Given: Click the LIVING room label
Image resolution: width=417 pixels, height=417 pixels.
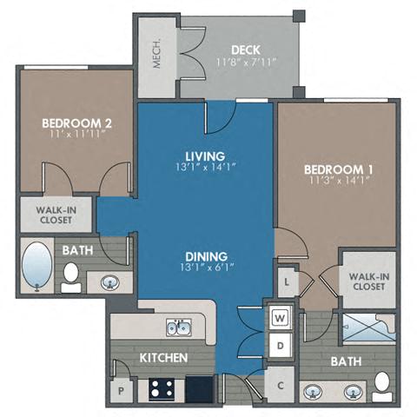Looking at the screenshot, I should tap(205, 156).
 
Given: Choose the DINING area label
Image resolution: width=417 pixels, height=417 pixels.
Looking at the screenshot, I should tap(205, 256).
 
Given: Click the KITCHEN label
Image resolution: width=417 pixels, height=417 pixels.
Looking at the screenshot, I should tap(162, 357).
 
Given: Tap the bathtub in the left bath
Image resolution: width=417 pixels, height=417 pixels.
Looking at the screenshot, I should tap(38, 265).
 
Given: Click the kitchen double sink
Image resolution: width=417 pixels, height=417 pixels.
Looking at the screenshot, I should tap(180, 328).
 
